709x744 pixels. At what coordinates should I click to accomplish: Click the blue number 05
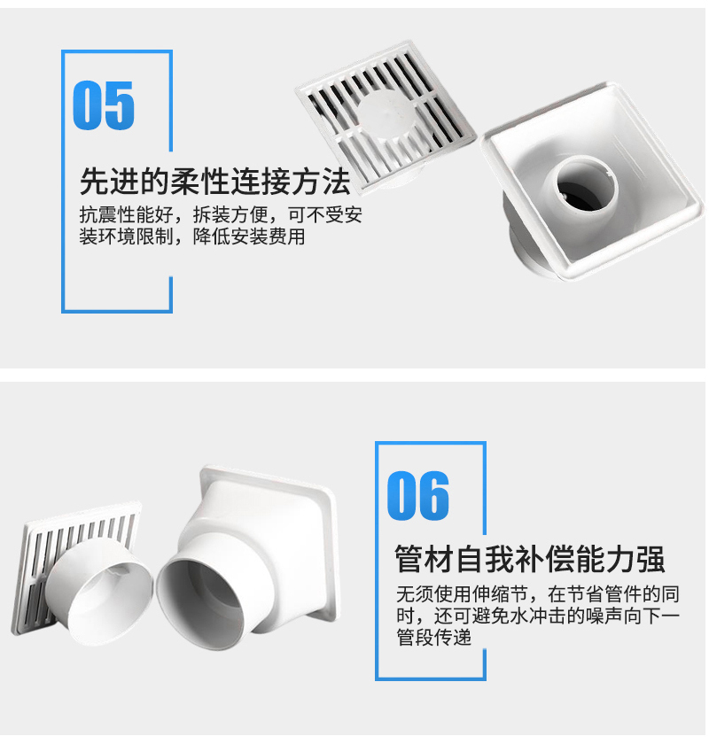(104, 105)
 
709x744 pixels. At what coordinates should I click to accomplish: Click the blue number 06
(418, 495)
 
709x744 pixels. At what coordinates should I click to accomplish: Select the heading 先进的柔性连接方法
(214, 182)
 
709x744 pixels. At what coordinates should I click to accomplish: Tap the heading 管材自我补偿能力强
(529, 560)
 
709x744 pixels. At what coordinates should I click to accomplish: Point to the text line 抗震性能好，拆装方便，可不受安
(221, 215)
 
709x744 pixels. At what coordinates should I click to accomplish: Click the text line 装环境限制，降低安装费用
(191, 236)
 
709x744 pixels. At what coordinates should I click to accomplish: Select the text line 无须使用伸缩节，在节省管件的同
(538, 593)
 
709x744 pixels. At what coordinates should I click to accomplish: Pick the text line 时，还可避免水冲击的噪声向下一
(538, 616)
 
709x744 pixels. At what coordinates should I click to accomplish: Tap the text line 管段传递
(434, 637)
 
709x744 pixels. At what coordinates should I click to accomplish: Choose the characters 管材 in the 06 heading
(425, 560)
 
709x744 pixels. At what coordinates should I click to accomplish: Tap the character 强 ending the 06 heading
(650, 560)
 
